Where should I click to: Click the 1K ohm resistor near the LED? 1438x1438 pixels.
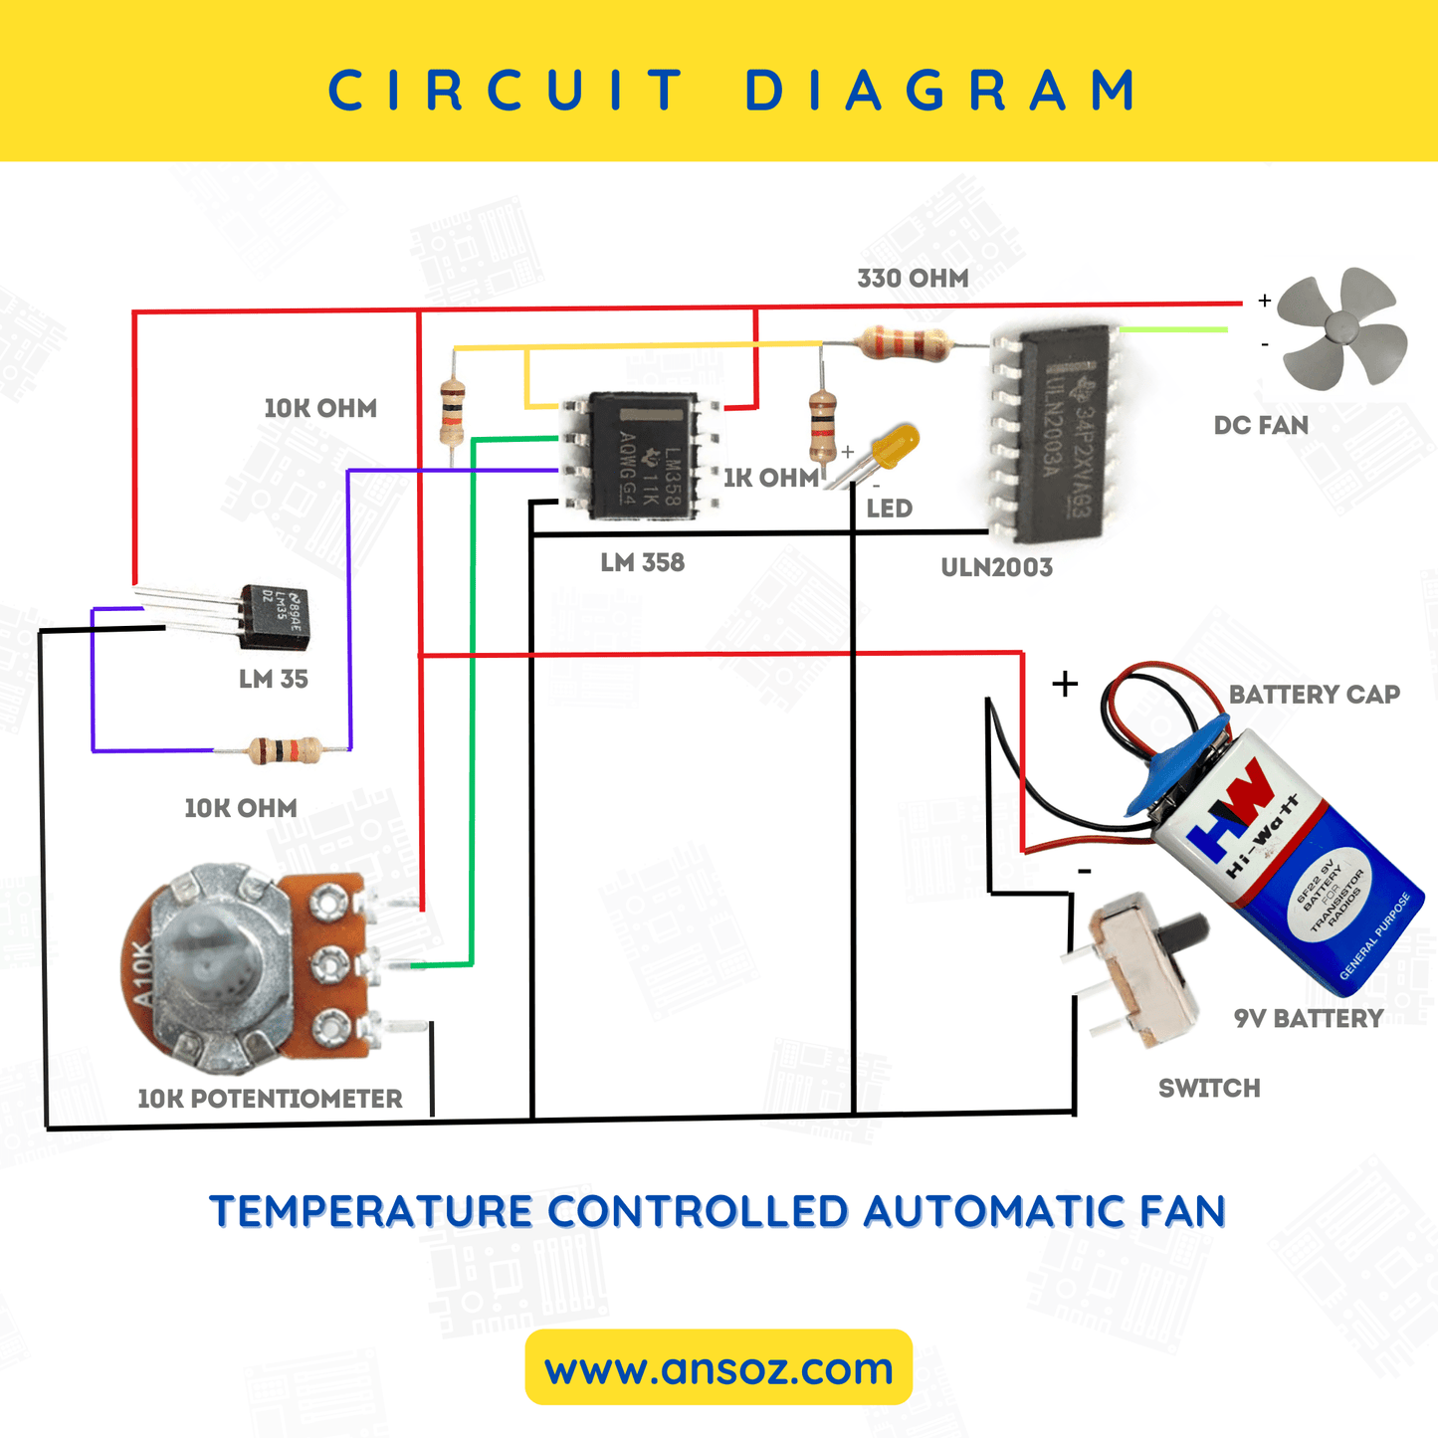pyautogui.click(x=822, y=426)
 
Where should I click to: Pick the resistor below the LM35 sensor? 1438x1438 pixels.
pyautogui.click(x=284, y=750)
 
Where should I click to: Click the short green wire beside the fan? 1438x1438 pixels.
pyautogui.click(x=1173, y=328)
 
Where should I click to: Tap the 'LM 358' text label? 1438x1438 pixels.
pyautogui.click(x=642, y=563)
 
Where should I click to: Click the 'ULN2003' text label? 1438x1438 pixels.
pyautogui.click(x=996, y=568)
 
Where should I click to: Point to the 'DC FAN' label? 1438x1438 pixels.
pyautogui.click(x=1261, y=426)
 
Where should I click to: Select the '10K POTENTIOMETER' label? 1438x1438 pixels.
pyautogui.click(x=270, y=1099)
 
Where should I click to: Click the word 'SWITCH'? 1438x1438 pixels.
pyautogui.click(x=1209, y=1089)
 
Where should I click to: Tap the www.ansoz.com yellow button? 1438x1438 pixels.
pyautogui.click(x=719, y=1368)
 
